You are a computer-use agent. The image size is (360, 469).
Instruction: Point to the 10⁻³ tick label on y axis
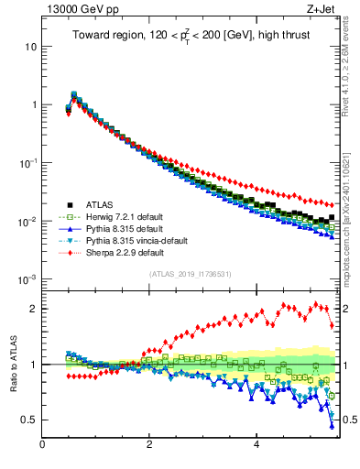28,278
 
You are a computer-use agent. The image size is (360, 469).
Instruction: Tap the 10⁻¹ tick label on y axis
28,162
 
